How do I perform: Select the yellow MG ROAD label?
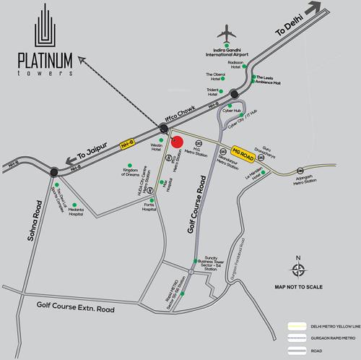[x=243, y=152]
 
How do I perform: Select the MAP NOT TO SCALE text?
[x=297, y=286]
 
